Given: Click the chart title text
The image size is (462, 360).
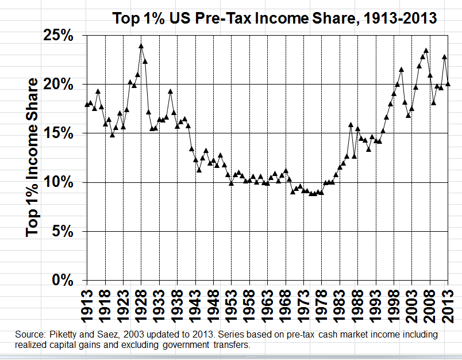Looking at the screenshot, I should [274, 18].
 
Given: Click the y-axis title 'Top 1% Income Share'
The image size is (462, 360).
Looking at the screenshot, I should [34, 158].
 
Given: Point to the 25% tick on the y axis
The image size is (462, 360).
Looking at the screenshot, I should [57, 36].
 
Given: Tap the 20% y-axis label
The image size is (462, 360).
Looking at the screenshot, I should [57, 85].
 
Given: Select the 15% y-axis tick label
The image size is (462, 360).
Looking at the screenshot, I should [57, 133].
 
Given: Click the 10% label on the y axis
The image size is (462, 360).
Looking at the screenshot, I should [57, 182].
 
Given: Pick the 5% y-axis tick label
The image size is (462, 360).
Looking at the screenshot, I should [61, 232].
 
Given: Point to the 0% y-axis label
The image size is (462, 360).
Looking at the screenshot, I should [61, 281].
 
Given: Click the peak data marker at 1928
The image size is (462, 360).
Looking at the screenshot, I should [141, 46].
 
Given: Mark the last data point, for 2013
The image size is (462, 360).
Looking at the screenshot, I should [448, 84].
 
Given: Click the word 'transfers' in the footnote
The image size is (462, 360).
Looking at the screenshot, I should [234, 345].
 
